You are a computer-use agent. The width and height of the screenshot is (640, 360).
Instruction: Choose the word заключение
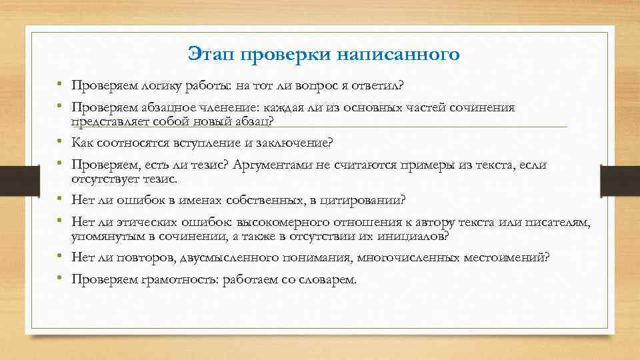[294, 143]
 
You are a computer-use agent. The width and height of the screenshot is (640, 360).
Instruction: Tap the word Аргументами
[274, 165]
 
